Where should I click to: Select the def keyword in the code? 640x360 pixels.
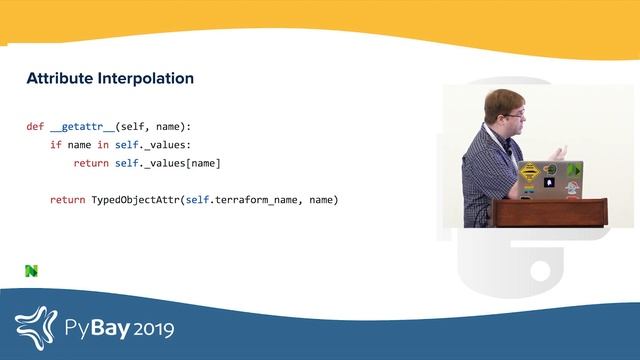click(35, 127)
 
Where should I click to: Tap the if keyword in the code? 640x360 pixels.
click(56, 145)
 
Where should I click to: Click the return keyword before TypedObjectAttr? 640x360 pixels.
click(68, 200)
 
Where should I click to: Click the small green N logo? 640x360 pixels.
click(31, 270)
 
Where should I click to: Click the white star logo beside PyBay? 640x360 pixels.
click(37, 325)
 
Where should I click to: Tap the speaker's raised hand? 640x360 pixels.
click(562, 152)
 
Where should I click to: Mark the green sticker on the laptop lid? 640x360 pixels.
click(573, 170)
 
